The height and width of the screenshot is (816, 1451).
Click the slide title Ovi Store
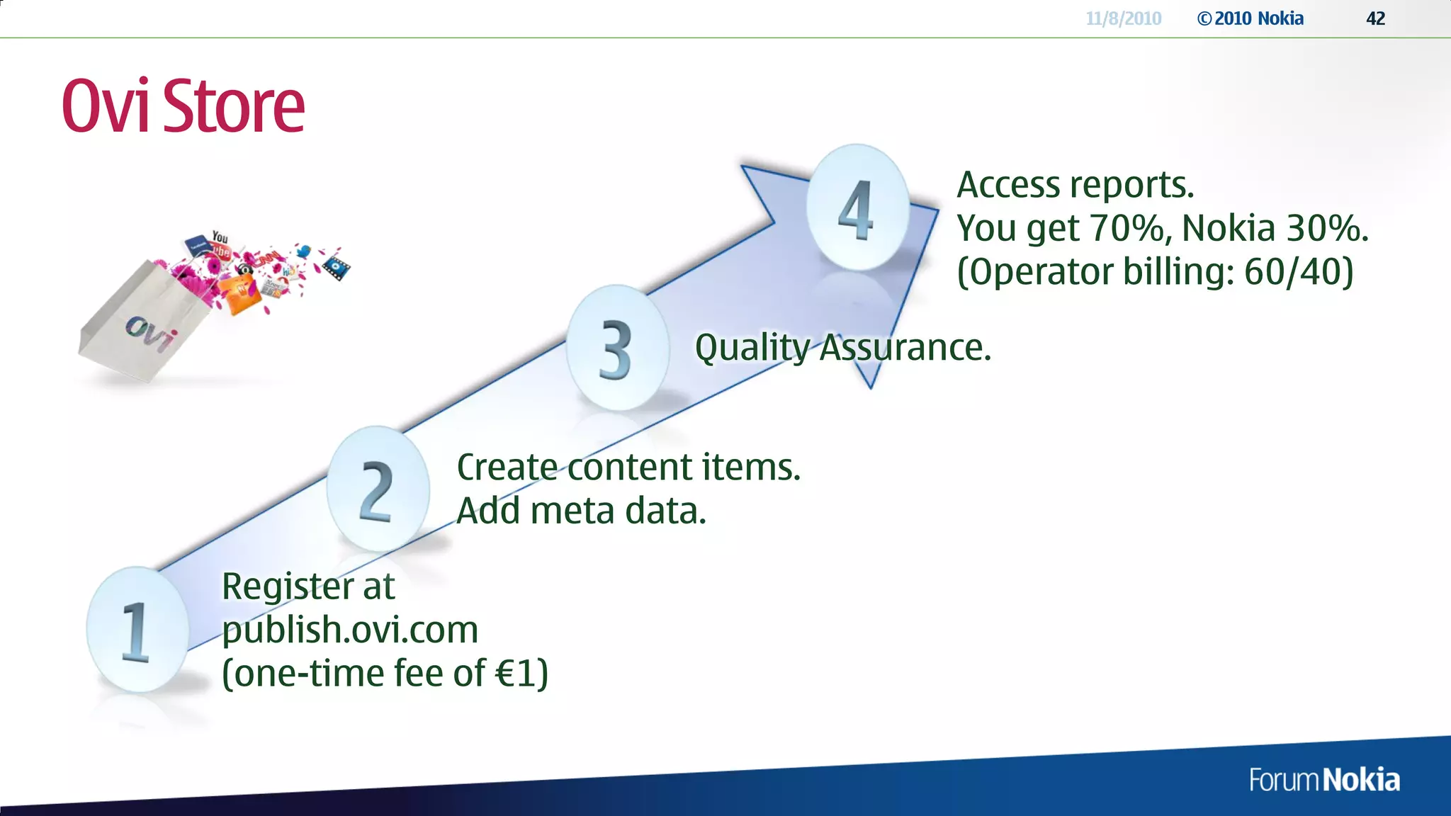pos(183,106)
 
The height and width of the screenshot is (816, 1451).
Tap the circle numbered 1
pos(137,629)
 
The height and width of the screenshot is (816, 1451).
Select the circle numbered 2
pos(378,489)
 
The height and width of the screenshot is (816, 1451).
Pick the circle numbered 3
pos(617,347)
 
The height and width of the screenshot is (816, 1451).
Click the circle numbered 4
pos(857,207)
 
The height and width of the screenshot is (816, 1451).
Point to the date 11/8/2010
pos(1123,18)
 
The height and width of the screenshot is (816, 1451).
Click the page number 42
pos(1375,18)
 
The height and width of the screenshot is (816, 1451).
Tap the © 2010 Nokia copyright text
pos(1250,18)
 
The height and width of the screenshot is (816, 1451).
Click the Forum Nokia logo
pos(1324,780)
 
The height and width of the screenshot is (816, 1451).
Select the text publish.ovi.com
pos(350,630)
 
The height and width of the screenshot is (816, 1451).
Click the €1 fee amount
pos(521,673)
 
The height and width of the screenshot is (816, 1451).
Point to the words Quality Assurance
pos(842,348)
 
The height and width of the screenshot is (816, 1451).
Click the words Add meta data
pos(581,511)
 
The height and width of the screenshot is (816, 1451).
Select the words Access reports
pos(1075,185)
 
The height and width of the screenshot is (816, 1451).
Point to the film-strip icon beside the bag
pos(336,268)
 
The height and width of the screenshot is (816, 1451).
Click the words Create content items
pos(628,467)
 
